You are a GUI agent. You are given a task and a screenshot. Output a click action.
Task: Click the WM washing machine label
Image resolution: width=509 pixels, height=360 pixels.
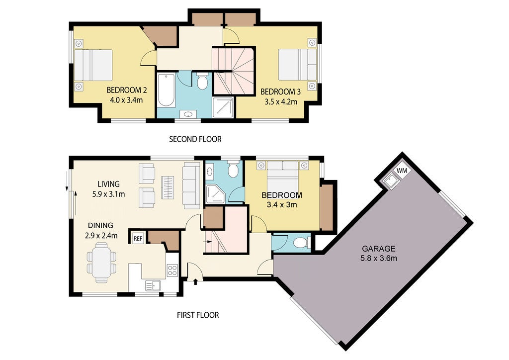coord(402,171)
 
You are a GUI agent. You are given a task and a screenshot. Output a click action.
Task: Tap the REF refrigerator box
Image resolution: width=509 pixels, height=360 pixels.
coord(138,239)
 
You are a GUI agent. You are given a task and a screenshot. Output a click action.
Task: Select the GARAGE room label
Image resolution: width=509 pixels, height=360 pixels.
coord(378,249)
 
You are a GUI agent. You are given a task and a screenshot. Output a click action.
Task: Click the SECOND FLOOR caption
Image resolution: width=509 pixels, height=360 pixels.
coord(195,139)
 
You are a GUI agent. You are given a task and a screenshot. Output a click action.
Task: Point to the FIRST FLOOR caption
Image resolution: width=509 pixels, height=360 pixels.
coord(198,315)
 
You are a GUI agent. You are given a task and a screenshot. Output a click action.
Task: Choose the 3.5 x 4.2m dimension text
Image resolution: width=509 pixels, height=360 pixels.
coord(281,102)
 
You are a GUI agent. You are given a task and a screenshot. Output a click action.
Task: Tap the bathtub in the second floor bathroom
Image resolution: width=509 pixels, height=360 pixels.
coord(166,90)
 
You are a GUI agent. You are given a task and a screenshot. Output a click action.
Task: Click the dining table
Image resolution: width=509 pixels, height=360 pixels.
coord(101,263)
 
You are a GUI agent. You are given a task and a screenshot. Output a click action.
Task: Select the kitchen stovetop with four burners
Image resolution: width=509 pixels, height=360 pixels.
coord(172,270)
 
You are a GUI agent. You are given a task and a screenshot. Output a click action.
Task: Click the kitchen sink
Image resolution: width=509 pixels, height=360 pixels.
coord(153,286)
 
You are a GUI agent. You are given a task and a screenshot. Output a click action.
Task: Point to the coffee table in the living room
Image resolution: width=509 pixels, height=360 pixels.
coord(168,187)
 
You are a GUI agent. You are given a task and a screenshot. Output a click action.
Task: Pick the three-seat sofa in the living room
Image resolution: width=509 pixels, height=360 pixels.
coord(191,185)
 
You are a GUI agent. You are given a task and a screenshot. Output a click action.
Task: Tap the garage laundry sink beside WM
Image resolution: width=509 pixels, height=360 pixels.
coord(390,180)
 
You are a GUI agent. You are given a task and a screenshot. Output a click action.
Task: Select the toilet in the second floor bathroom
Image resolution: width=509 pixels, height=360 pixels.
coord(202,81)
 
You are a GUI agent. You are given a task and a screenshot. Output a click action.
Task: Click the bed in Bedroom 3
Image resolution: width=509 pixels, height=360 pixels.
coord(297,64)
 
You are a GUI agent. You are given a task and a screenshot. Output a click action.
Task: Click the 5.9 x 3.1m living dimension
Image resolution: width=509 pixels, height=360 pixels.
coord(109,194)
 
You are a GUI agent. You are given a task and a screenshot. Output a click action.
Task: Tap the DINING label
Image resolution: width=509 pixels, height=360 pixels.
coord(100,225)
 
